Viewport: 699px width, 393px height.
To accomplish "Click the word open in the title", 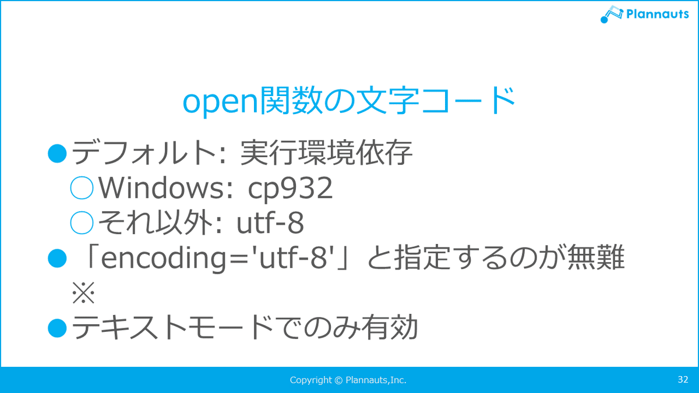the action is tap(220, 102).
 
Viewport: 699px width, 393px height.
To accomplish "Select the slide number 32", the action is tap(683, 379).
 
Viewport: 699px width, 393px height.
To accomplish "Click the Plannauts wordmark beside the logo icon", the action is tap(658, 14).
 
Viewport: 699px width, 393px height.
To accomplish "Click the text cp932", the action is tap(290, 189).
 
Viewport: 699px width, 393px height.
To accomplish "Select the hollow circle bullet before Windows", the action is tap(82, 187).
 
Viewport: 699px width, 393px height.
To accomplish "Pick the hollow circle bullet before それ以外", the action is tap(82, 222).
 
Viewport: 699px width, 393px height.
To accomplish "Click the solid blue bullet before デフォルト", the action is tap(58, 153).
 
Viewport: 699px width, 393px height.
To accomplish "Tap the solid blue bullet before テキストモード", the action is tap(58, 328).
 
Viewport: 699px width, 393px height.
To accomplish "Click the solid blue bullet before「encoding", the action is tap(58, 258).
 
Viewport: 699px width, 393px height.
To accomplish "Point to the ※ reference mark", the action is tap(83, 292).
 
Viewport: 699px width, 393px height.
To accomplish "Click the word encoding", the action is tap(163, 259).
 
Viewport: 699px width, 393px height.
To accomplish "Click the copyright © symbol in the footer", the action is tap(338, 380).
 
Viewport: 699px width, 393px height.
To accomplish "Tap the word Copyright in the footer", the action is tap(311, 380).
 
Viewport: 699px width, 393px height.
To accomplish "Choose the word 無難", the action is tap(596, 257).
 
